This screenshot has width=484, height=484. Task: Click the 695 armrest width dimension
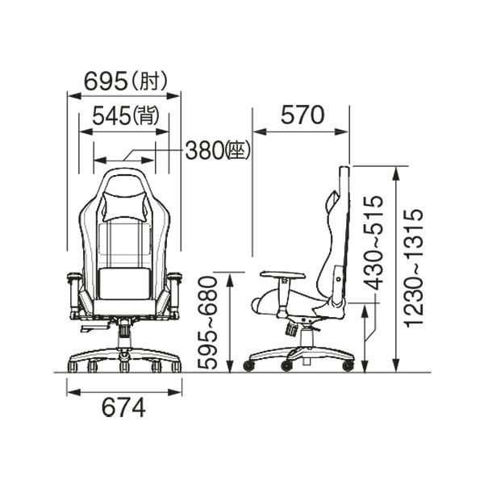click(106, 81)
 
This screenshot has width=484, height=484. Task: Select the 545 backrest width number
click(112, 116)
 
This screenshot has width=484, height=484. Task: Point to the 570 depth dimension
click(302, 115)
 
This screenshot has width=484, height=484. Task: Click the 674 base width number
click(123, 407)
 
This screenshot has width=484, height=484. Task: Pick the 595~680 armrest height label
click(208, 323)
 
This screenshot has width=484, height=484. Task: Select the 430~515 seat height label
click(373, 244)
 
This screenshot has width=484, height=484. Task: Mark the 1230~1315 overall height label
click(414, 268)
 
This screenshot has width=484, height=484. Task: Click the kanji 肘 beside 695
click(149, 81)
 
